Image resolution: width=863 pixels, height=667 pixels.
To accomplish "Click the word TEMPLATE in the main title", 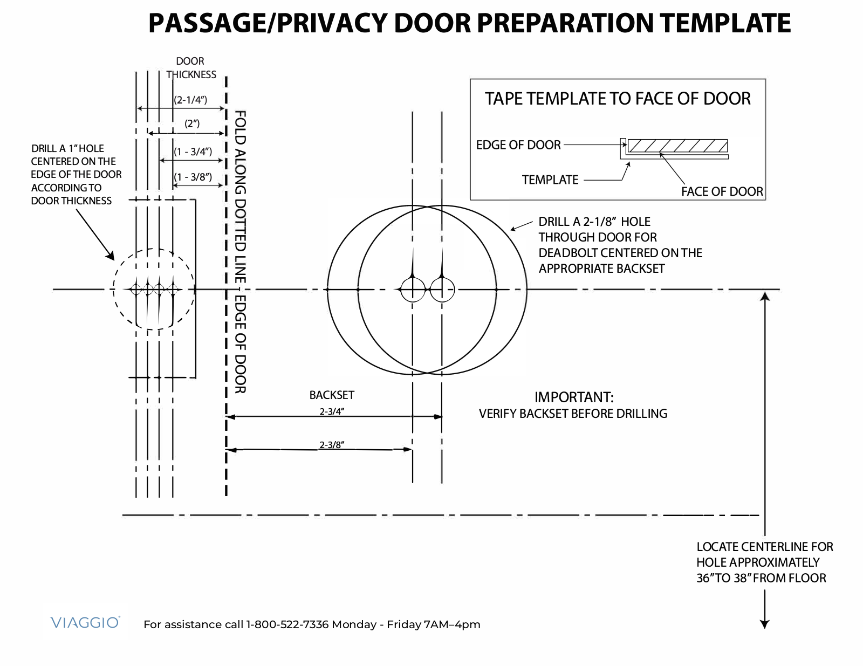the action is pos(725,23).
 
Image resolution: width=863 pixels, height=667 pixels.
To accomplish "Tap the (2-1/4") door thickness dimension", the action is pos(190,100).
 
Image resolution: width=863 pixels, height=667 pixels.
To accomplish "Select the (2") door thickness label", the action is pos(192,123).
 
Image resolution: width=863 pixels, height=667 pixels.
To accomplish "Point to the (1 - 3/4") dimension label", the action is pos(193,152).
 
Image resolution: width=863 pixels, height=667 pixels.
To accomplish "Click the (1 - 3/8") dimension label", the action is pos(193,177).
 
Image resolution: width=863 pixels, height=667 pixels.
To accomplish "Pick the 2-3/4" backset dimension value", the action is pos(332,411).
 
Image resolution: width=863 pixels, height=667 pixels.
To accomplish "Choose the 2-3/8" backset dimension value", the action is pos(332,445).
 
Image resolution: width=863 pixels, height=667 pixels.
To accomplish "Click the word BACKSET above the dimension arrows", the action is pos(332,395).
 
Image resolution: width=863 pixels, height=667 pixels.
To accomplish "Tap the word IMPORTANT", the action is pos(574,397).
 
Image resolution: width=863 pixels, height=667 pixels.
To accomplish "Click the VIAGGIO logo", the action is pos(85,622).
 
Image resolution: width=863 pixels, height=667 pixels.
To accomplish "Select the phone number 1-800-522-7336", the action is pos(287,624).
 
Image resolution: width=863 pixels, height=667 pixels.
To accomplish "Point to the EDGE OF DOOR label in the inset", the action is pos(518,145).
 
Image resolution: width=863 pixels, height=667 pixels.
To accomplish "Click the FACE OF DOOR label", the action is pos(722,192).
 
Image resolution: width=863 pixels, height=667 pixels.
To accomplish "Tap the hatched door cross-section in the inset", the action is pos(677,146).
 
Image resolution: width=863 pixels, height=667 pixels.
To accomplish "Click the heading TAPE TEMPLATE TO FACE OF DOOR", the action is pos(618,99).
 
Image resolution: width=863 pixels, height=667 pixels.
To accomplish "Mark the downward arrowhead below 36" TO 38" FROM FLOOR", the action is pos(764,624).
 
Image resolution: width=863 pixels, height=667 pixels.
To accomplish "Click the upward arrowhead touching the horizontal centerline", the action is pos(765,297).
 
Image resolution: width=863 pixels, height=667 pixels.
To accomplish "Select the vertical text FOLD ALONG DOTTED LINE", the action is pos(240,196).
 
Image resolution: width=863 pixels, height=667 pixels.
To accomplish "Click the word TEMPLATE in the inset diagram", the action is pos(550,180).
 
